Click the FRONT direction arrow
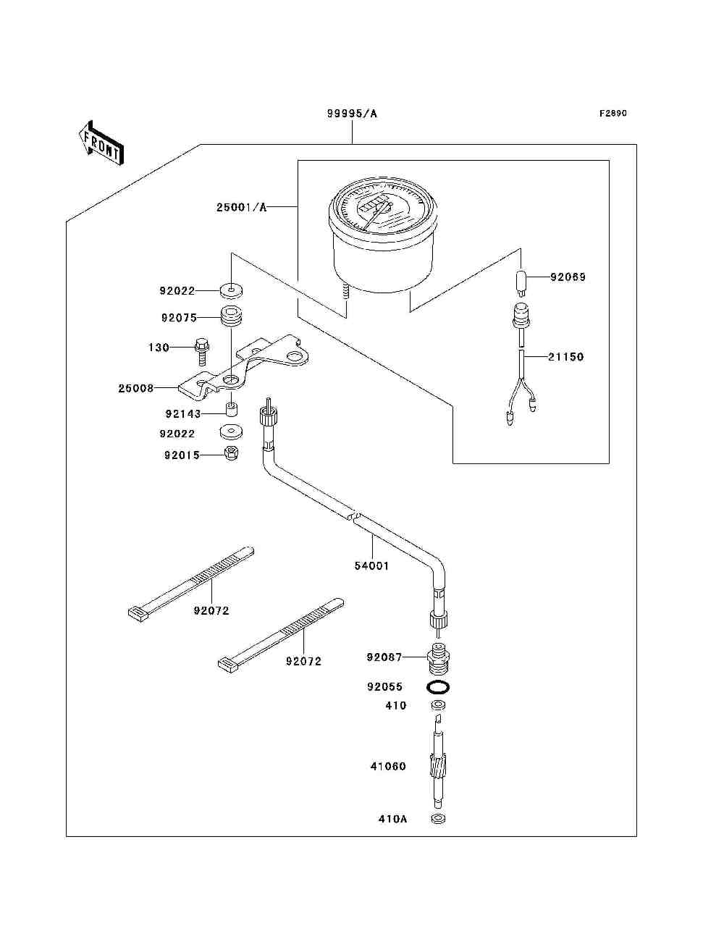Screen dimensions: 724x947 point(101,143)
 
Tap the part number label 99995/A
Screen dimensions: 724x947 point(352,114)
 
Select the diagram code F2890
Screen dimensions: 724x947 point(613,114)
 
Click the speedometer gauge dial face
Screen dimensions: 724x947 point(382,206)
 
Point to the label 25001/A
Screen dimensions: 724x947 point(242,208)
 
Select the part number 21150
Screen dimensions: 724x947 point(565,357)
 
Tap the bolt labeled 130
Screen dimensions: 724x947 point(202,352)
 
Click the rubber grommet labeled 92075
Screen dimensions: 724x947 point(231,318)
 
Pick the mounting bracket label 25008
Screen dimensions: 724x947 point(136,388)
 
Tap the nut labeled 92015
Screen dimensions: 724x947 point(232,453)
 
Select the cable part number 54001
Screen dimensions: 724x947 point(371,565)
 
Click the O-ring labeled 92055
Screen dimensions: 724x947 point(438,686)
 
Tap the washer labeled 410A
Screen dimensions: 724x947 point(438,818)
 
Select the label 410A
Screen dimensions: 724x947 point(392,819)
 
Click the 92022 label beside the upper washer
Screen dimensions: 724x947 point(177,291)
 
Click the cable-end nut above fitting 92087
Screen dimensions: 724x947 point(438,620)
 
